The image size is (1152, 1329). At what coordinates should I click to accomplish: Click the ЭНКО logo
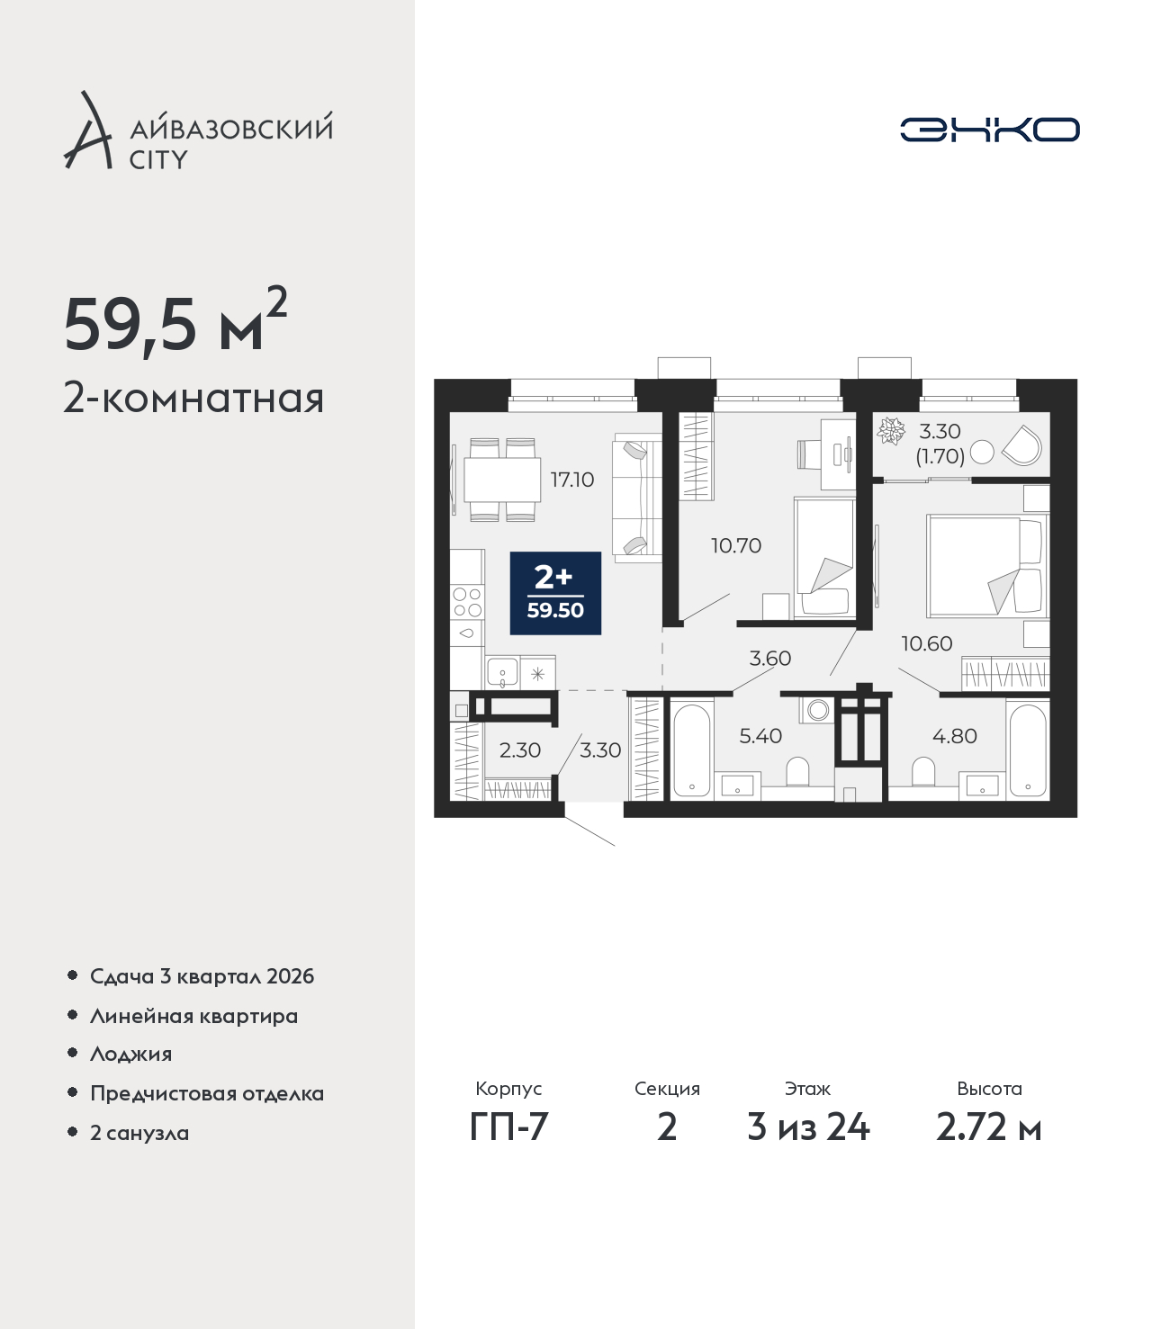point(989,130)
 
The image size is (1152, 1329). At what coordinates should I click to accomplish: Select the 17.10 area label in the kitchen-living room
point(571,480)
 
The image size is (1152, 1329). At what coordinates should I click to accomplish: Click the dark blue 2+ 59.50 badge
point(555,593)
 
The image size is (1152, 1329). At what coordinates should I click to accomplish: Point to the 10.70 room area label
point(736,546)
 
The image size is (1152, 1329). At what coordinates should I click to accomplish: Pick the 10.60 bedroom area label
point(926,643)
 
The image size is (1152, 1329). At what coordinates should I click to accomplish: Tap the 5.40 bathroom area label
point(760,735)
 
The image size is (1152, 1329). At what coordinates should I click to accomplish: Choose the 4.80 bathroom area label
point(955,735)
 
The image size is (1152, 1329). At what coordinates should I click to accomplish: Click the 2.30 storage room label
point(519,750)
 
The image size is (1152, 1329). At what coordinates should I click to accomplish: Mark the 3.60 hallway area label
point(769,658)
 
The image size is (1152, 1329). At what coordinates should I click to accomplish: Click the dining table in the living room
point(502,480)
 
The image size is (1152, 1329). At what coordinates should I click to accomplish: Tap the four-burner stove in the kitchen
point(467,603)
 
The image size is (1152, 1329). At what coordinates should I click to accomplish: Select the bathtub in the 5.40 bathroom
point(691,750)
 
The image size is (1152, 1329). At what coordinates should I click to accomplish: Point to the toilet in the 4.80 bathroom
point(923,771)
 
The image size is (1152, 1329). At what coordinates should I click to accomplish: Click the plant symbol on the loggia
point(892,431)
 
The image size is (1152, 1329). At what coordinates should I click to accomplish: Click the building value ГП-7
point(508,1127)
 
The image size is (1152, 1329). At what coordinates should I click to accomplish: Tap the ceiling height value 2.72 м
point(988,1127)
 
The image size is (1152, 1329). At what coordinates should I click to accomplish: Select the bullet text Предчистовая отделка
point(207,1093)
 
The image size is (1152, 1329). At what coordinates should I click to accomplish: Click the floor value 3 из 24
point(808,1127)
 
